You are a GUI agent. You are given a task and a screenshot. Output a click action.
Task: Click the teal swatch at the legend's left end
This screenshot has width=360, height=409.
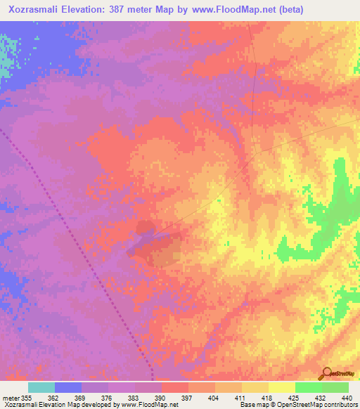[x=41, y=387]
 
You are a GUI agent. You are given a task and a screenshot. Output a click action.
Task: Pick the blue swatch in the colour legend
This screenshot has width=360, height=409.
[x=68, y=387]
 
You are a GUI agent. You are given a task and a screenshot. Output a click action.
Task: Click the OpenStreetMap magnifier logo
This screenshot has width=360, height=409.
[x=326, y=373]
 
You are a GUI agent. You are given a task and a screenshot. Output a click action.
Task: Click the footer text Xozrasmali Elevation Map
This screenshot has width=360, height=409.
[x=35, y=405]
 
